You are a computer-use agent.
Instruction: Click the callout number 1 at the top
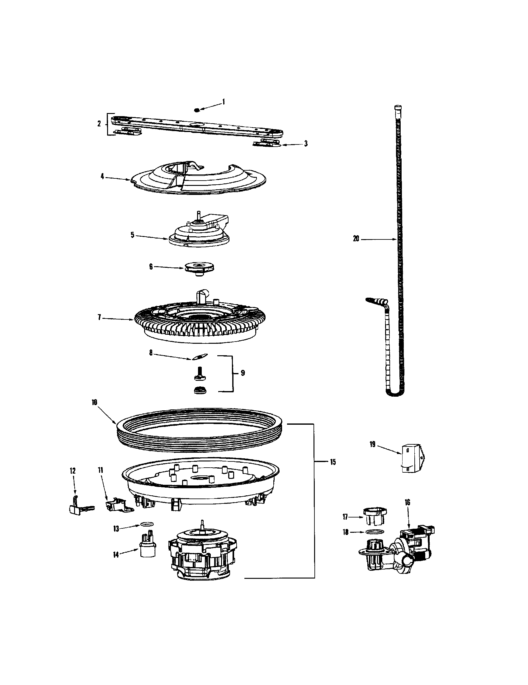(224, 102)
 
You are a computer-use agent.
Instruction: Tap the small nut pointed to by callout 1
(197, 110)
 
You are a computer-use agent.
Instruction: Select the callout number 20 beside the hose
(356, 239)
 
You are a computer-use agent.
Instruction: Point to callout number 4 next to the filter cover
(102, 176)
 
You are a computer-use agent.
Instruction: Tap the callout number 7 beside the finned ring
(99, 317)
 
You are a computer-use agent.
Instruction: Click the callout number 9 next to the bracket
(243, 373)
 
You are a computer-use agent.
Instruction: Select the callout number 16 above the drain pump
(407, 502)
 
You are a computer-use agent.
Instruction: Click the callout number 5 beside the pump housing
(132, 234)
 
